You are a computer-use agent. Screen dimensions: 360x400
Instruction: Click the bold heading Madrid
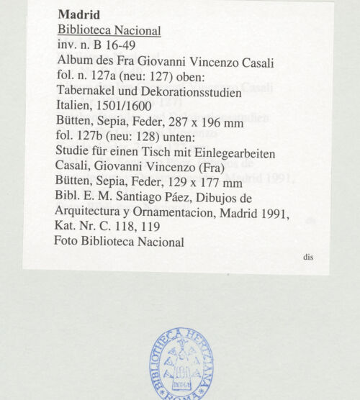[79, 15]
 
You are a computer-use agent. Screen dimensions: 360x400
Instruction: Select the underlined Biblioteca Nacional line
[109, 31]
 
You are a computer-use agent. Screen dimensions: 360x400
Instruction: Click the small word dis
[307, 257]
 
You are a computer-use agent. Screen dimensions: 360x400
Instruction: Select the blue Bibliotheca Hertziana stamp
[181, 363]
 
